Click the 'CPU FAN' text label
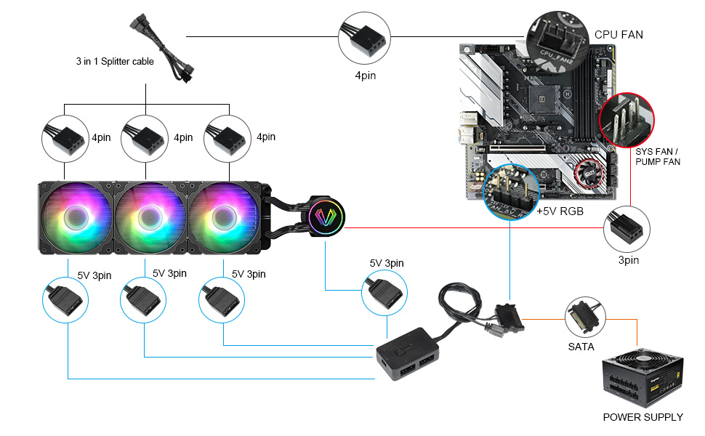619,34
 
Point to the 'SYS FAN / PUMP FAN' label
657,156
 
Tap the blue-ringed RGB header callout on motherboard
510,190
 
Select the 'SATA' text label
581,347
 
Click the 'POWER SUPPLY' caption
642,417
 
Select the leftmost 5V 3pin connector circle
67,298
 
